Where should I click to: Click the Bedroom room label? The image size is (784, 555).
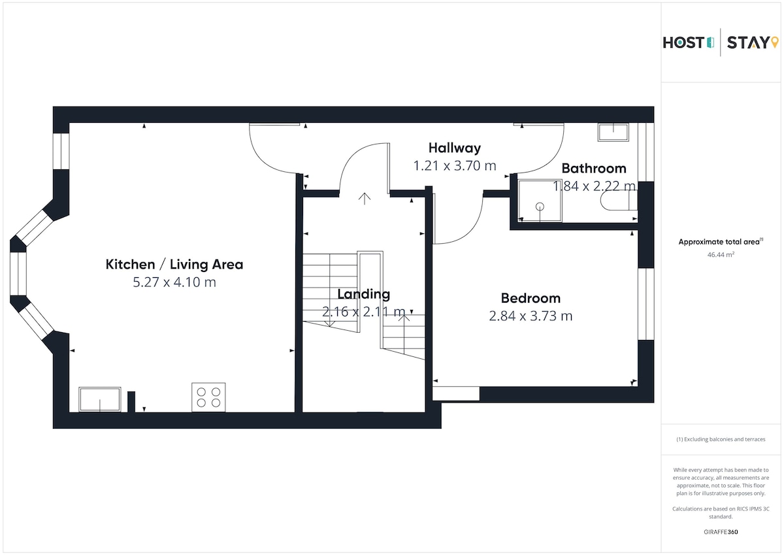(x=531, y=298)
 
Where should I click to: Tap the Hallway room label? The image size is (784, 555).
(x=455, y=148)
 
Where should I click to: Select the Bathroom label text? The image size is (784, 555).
(x=594, y=169)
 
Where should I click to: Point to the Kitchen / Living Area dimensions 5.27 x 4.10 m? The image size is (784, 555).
(x=174, y=282)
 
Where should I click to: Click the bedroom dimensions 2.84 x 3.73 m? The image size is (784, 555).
(x=531, y=316)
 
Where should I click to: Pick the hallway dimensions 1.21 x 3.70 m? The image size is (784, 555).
(x=455, y=165)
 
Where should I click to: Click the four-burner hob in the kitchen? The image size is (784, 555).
(x=208, y=397)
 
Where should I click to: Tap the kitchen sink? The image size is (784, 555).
(x=100, y=399)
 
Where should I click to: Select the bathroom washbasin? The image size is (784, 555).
(x=613, y=132)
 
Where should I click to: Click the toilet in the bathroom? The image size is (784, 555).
(x=619, y=201)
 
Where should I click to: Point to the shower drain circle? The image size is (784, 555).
(x=540, y=207)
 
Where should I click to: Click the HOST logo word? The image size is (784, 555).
(x=683, y=42)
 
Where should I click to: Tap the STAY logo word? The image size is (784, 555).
(x=748, y=42)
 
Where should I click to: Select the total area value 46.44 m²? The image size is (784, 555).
(x=721, y=254)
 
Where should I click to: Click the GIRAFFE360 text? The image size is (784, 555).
(x=721, y=532)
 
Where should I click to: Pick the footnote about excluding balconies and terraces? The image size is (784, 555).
(x=721, y=439)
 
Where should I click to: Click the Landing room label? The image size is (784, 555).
(x=364, y=294)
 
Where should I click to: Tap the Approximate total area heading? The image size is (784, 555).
(x=721, y=242)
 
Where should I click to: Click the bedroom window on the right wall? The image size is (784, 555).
(x=645, y=304)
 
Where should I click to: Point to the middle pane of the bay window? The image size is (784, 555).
(x=18, y=274)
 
